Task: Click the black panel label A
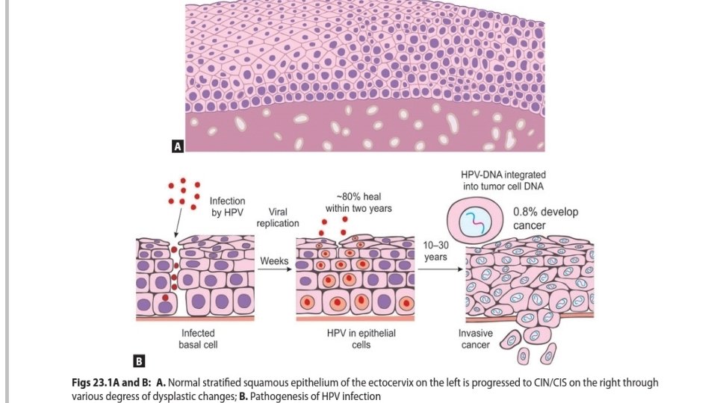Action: pos(178,147)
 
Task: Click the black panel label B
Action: pos(138,362)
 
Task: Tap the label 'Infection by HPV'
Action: pos(227,207)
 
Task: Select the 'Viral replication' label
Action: pos(277,217)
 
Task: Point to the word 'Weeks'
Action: pos(275,260)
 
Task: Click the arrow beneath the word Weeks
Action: pos(274,270)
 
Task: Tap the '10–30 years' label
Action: pos(435,251)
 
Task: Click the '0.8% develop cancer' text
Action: pos(545,219)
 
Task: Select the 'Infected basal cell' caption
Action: pos(197,339)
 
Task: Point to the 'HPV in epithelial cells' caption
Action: pos(361,339)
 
